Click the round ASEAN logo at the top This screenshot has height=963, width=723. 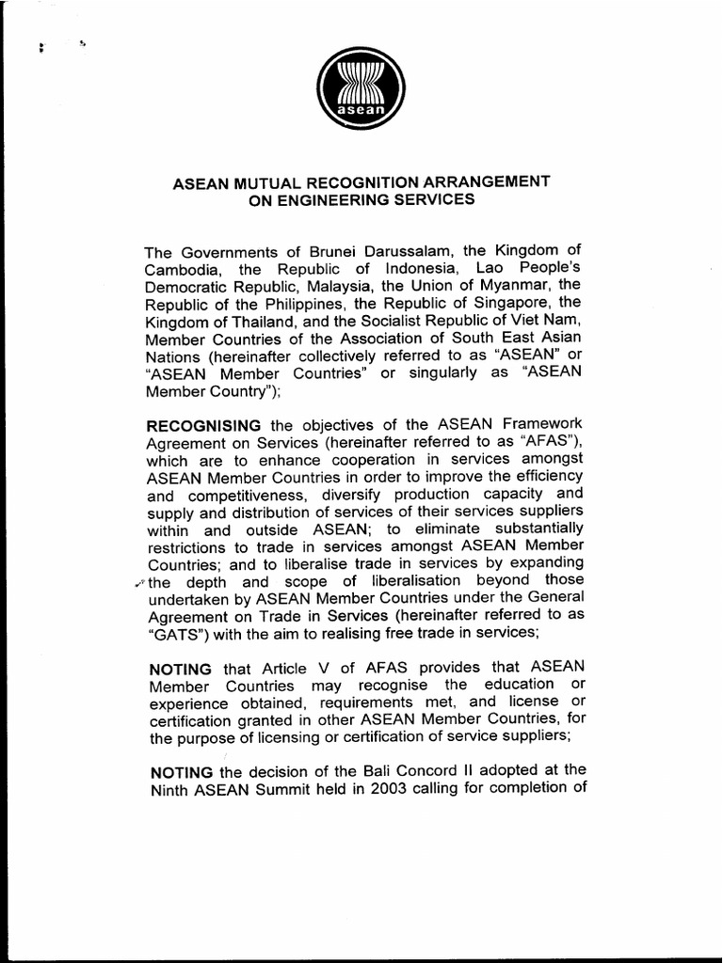[x=361, y=88]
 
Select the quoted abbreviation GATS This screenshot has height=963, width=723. [x=169, y=633]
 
